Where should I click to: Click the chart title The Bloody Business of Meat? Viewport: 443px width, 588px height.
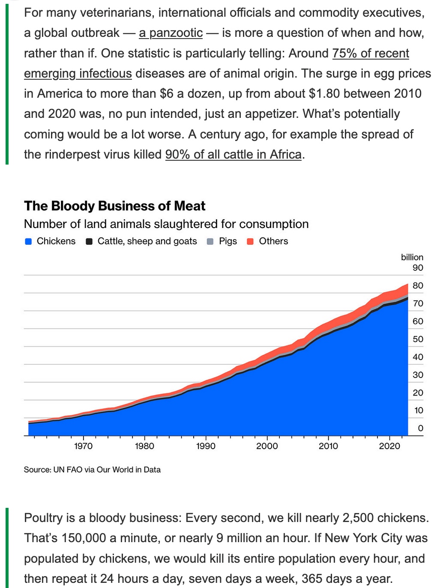114,206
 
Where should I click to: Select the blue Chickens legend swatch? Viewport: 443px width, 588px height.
28,241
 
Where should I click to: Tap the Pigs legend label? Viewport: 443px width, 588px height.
227,241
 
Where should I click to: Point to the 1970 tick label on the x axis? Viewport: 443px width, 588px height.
83,446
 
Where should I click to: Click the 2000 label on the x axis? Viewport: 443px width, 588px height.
267,446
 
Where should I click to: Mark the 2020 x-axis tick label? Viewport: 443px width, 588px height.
389,446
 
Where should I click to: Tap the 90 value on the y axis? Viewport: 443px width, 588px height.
418,268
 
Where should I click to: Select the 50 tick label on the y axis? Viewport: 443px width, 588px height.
418,339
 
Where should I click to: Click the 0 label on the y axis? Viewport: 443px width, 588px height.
420,428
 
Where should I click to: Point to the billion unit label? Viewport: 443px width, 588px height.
412,257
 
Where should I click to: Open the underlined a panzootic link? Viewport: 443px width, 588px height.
171,33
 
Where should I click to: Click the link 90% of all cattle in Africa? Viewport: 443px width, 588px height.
233,154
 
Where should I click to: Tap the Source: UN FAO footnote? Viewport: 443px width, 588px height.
92,470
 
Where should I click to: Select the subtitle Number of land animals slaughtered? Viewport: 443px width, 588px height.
166,224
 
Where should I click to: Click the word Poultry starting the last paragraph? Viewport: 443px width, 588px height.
43,518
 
